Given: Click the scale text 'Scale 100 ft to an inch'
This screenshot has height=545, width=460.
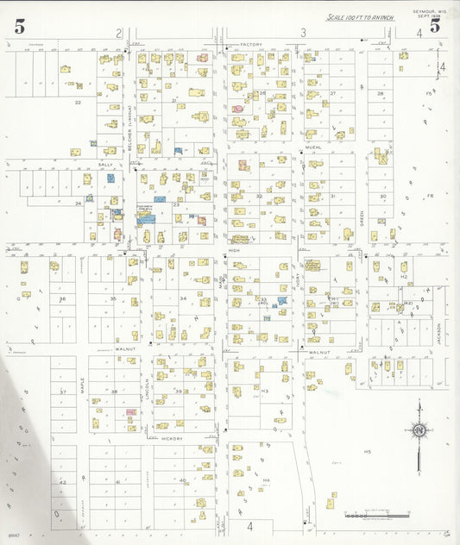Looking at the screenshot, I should pos(360,17).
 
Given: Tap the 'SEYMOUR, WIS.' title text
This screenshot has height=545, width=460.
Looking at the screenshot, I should pos(431,10).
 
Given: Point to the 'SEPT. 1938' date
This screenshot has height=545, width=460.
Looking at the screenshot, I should pos(429,16).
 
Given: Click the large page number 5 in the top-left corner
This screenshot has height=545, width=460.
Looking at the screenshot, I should pos(19,26).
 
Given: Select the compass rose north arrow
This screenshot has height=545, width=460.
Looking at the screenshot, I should pos(419,430).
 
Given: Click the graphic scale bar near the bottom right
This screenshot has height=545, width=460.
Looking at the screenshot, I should pos(376,516).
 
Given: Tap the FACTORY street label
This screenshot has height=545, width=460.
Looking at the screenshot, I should pos(251,44).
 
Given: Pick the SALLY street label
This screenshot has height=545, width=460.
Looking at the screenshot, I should pos(106,164).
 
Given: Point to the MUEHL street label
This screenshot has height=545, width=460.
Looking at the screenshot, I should pos(312,148).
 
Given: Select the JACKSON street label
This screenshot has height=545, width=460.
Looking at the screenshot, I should pos(438,334).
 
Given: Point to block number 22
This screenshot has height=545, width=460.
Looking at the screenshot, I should pos(78,102).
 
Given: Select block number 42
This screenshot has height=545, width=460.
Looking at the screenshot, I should pos(62,483).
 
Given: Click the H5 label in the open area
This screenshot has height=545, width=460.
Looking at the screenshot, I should pos(367,452).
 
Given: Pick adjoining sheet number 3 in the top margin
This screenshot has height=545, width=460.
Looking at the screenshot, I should pos(303,33).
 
